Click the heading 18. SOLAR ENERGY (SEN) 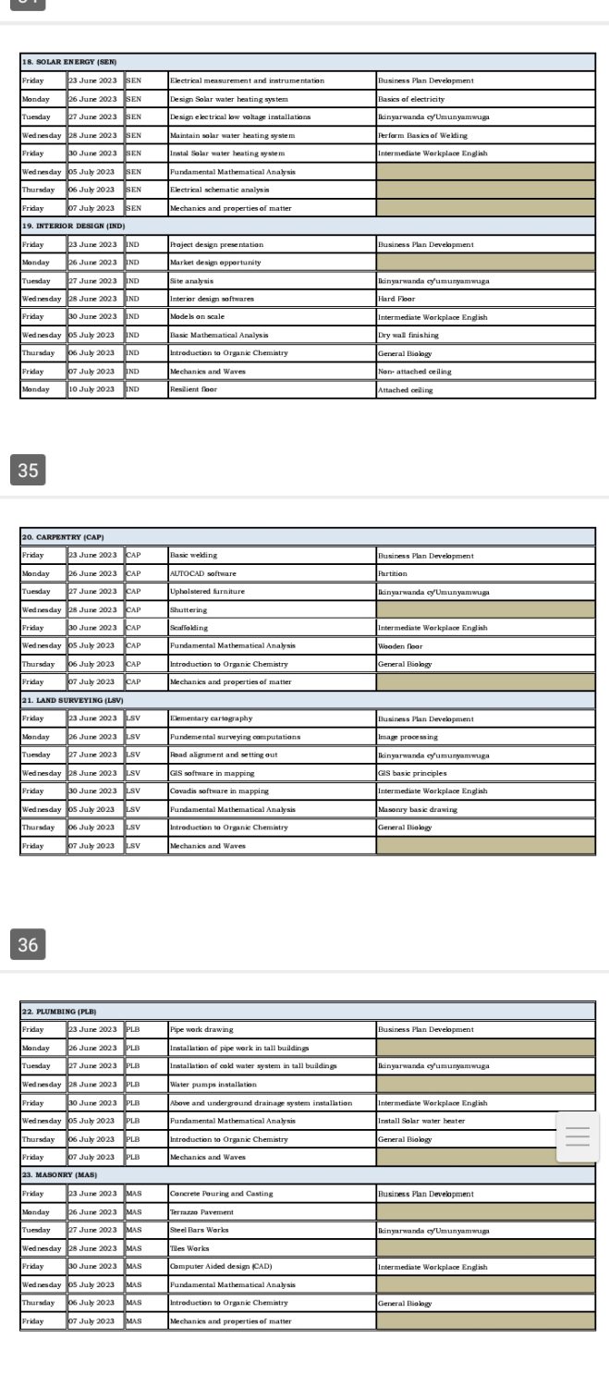pos(68,62)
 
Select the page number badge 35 pos(28,470)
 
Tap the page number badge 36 pos(28,944)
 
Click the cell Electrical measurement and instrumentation pos(247,80)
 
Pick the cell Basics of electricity pos(411,99)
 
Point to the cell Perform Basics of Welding pos(422,135)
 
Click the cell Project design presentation pos(216,244)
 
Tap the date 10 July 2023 pos(92,389)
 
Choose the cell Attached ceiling pos(405,389)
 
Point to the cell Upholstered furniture pos(207,592)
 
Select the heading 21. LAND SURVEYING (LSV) pos(74,700)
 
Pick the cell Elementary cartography pos(211,718)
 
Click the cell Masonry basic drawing pos(417,809)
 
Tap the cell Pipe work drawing pos(201,1029)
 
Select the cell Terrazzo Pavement pos(201,1211)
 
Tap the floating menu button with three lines pos(578,1137)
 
